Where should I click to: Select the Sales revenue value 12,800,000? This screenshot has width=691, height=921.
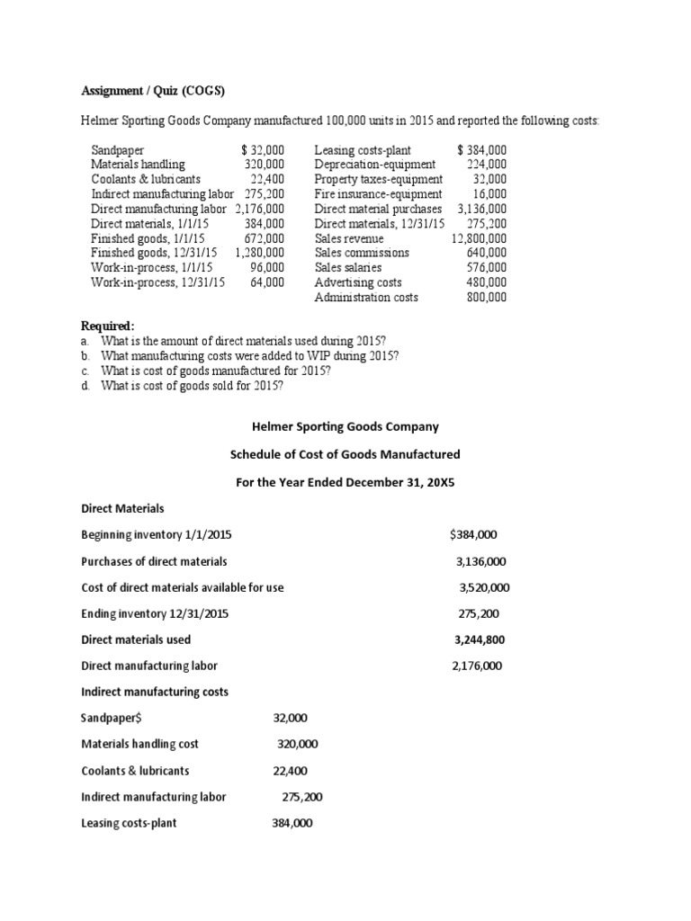click(479, 238)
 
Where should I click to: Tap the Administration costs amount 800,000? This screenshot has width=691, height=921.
click(485, 297)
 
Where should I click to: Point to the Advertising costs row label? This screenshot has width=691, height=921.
click(358, 282)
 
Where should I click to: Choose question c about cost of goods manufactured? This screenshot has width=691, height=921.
click(216, 371)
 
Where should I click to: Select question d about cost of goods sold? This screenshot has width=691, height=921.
click(192, 386)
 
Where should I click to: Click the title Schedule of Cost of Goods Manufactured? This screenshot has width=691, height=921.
click(345, 454)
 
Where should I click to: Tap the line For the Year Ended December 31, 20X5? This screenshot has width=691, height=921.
click(345, 482)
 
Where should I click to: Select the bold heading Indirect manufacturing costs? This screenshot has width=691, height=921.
click(154, 692)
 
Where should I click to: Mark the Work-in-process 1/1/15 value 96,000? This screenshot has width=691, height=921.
click(267, 267)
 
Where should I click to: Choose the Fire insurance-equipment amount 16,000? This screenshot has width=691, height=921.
click(489, 193)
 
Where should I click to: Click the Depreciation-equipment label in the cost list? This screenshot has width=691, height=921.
click(375, 165)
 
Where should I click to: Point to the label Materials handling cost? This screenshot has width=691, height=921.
click(139, 744)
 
